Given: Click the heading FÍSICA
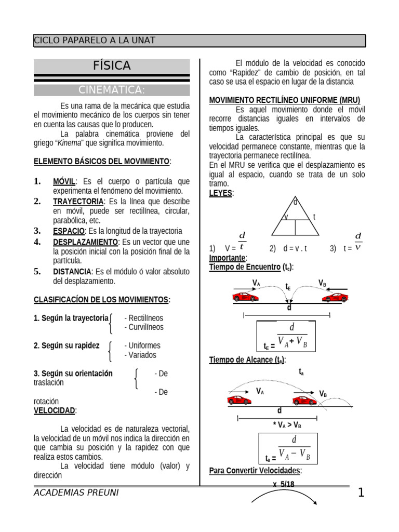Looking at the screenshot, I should click(x=112, y=66).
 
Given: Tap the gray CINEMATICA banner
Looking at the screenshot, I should click(x=112, y=90).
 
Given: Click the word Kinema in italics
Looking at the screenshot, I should click(x=71, y=143).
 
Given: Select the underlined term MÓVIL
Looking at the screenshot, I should click(x=64, y=181).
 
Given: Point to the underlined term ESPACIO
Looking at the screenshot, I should click(x=69, y=231).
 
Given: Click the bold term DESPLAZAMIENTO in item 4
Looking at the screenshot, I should click(x=85, y=242).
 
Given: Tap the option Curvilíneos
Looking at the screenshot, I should click(x=144, y=327).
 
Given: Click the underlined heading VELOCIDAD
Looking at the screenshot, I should click(x=54, y=410).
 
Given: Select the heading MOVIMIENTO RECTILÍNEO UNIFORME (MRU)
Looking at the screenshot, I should click(x=284, y=100).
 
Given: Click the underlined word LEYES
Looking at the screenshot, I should click(x=221, y=193).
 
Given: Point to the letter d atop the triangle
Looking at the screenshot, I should click(x=296, y=202).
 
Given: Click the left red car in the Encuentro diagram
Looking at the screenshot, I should click(x=245, y=297).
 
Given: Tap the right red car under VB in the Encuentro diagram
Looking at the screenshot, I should click(x=335, y=297).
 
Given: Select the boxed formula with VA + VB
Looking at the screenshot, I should click(x=286, y=337).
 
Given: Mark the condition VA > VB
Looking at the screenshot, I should click(x=287, y=424).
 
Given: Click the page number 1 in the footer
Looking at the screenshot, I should click(x=361, y=493).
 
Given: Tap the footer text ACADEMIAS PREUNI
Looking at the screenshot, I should click(x=76, y=493).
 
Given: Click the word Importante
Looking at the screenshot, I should click(x=228, y=258).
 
